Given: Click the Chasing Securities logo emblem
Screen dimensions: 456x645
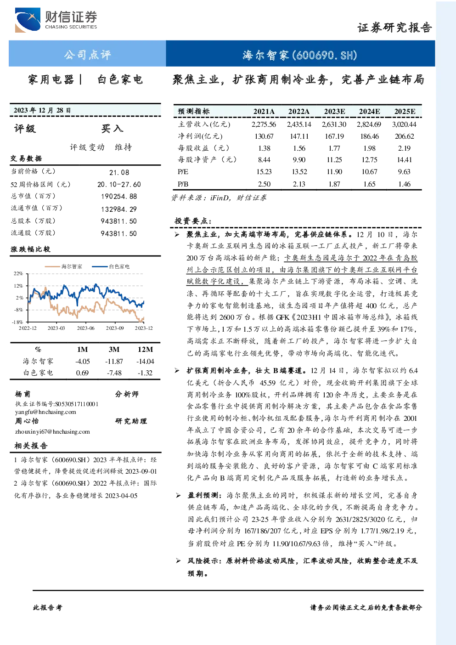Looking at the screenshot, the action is pos(28,20).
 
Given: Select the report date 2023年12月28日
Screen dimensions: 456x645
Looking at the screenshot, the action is pos(42,110).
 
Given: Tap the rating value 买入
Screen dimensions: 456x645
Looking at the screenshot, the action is pos(112,129).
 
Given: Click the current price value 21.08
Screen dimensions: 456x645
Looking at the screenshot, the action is pos(119,172).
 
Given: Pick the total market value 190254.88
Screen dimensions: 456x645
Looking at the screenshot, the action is pos(119,197).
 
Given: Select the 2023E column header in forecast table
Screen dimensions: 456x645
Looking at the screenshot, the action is pos(334,112).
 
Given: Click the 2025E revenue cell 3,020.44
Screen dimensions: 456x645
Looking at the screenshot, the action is pos(404,124).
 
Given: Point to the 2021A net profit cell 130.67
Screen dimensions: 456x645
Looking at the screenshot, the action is pos(264,136).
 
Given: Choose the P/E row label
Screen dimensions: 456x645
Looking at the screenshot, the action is pos(183,172).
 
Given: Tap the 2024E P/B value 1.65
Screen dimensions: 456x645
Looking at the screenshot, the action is pos(369,184).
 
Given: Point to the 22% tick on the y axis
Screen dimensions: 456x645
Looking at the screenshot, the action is pos(18,273).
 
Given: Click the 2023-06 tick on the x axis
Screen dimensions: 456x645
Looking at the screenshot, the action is pos(85,328).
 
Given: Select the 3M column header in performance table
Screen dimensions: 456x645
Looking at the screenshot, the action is pos(114,350).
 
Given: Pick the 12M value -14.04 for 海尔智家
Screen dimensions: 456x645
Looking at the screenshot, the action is pos(146,362).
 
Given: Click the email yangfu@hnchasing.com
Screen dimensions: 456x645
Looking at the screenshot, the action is pos(46,412).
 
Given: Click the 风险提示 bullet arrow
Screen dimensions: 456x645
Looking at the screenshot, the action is pos(179,560).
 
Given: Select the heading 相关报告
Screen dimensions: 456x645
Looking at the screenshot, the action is pos(31,446).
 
